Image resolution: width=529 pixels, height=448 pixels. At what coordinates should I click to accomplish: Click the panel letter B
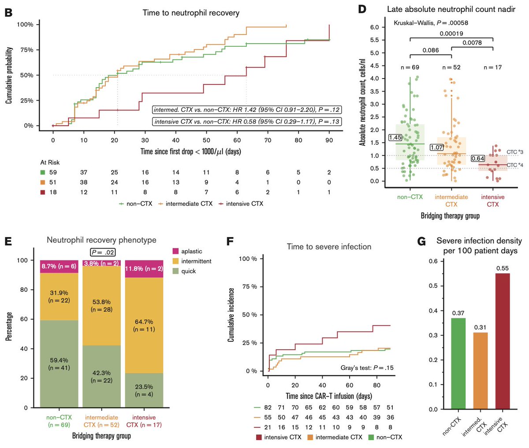pos(8,12)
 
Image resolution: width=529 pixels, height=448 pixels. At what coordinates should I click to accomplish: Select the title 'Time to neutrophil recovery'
pos(191,13)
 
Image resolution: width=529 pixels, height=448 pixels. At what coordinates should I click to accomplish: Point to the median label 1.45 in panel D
pos(395,138)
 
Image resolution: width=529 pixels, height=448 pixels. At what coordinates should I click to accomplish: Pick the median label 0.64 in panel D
pos(478,158)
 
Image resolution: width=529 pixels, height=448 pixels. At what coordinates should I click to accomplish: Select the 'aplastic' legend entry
pos(191,251)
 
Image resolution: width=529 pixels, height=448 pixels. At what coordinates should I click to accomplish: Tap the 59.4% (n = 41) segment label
pos(59,364)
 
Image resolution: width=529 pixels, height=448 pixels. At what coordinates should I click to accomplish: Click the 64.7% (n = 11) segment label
pos(144,326)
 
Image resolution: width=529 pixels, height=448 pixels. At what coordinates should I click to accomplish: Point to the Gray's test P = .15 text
pos(367,368)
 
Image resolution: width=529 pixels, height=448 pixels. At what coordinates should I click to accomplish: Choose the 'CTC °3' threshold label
pos(514,152)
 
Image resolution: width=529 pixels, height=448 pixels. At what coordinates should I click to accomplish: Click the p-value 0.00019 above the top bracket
pos(451,34)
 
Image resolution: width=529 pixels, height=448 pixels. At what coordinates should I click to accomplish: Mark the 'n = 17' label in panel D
pos(492,68)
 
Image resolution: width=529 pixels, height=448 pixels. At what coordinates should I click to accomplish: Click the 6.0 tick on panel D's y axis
pos(374,27)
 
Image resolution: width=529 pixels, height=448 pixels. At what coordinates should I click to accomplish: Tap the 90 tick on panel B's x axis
pos(329,140)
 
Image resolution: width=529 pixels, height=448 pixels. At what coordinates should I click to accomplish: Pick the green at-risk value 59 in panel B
pos(53,173)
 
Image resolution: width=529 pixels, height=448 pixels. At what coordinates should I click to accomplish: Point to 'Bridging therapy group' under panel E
pos(101,436)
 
